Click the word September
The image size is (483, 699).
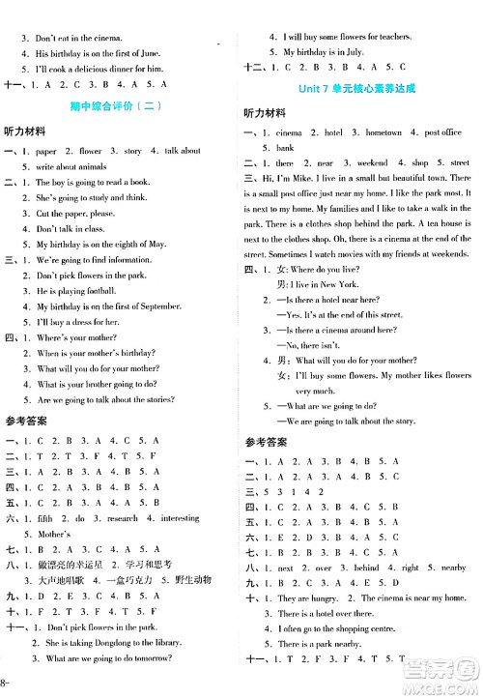click(x=178, y=306)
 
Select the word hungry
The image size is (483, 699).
click(x=327, y=598)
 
